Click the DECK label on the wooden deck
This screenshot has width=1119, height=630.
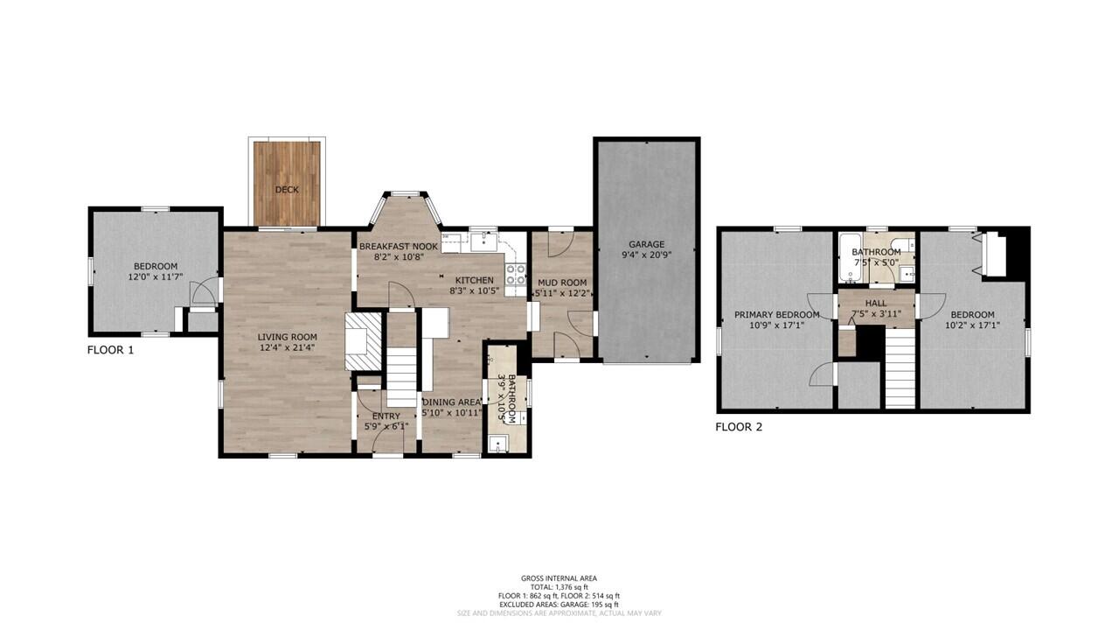click(x=287, y=190)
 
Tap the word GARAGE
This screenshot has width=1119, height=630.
click(x=646, y=244)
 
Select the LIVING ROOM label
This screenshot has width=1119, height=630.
click(x=287, y=337)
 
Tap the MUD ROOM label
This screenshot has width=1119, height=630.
click(x=561, y=283)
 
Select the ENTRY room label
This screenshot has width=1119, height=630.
click(x=386, y=416)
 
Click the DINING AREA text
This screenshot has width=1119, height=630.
click(x=451, y=402)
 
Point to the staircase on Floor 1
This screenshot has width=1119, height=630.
click(x=403, y=376)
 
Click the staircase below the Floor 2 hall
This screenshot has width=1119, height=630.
click(x=900, y=367)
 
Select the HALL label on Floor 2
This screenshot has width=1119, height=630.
click(x=875, y=304)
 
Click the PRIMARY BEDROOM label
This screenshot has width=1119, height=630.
click(x=776, y=315)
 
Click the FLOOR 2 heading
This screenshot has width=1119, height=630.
click(x=739, y=428)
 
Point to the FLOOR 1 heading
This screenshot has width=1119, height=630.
click(x=110, y=350)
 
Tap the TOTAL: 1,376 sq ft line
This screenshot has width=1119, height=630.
click(x=559, y=587)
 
